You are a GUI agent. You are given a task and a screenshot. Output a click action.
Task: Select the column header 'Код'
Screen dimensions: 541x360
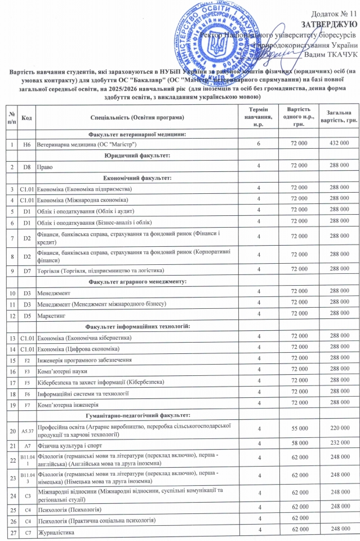pyautogui.click(x=26, y=117)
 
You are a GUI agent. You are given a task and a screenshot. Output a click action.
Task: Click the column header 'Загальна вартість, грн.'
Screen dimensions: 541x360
pyautogui.click(x=336, y=117)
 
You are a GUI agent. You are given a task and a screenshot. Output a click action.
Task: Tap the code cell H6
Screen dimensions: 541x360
pyautogui.click(x=26, y=145)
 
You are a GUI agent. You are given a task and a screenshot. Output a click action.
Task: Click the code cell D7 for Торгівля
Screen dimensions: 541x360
pyautogui.click(x=26, y=270)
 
